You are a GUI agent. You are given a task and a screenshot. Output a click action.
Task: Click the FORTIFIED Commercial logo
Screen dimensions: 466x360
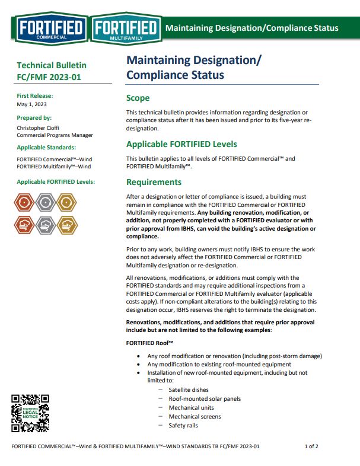51,28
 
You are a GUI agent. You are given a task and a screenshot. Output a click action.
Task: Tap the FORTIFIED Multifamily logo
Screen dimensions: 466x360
126,28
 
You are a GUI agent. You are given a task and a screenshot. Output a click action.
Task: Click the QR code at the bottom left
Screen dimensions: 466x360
30,413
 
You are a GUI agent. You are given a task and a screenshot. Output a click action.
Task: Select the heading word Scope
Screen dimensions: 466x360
138,98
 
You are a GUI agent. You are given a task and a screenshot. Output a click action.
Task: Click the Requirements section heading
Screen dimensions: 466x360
154,182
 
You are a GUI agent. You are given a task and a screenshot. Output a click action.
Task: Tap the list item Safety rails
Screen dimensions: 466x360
183,426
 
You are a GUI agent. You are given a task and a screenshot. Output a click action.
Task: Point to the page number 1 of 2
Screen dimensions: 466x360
311,446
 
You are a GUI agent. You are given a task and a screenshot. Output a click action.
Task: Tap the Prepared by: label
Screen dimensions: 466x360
34,117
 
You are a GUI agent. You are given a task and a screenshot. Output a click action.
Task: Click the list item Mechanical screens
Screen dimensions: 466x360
195,417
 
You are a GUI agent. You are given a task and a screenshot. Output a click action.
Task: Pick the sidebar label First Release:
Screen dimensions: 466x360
35,95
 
